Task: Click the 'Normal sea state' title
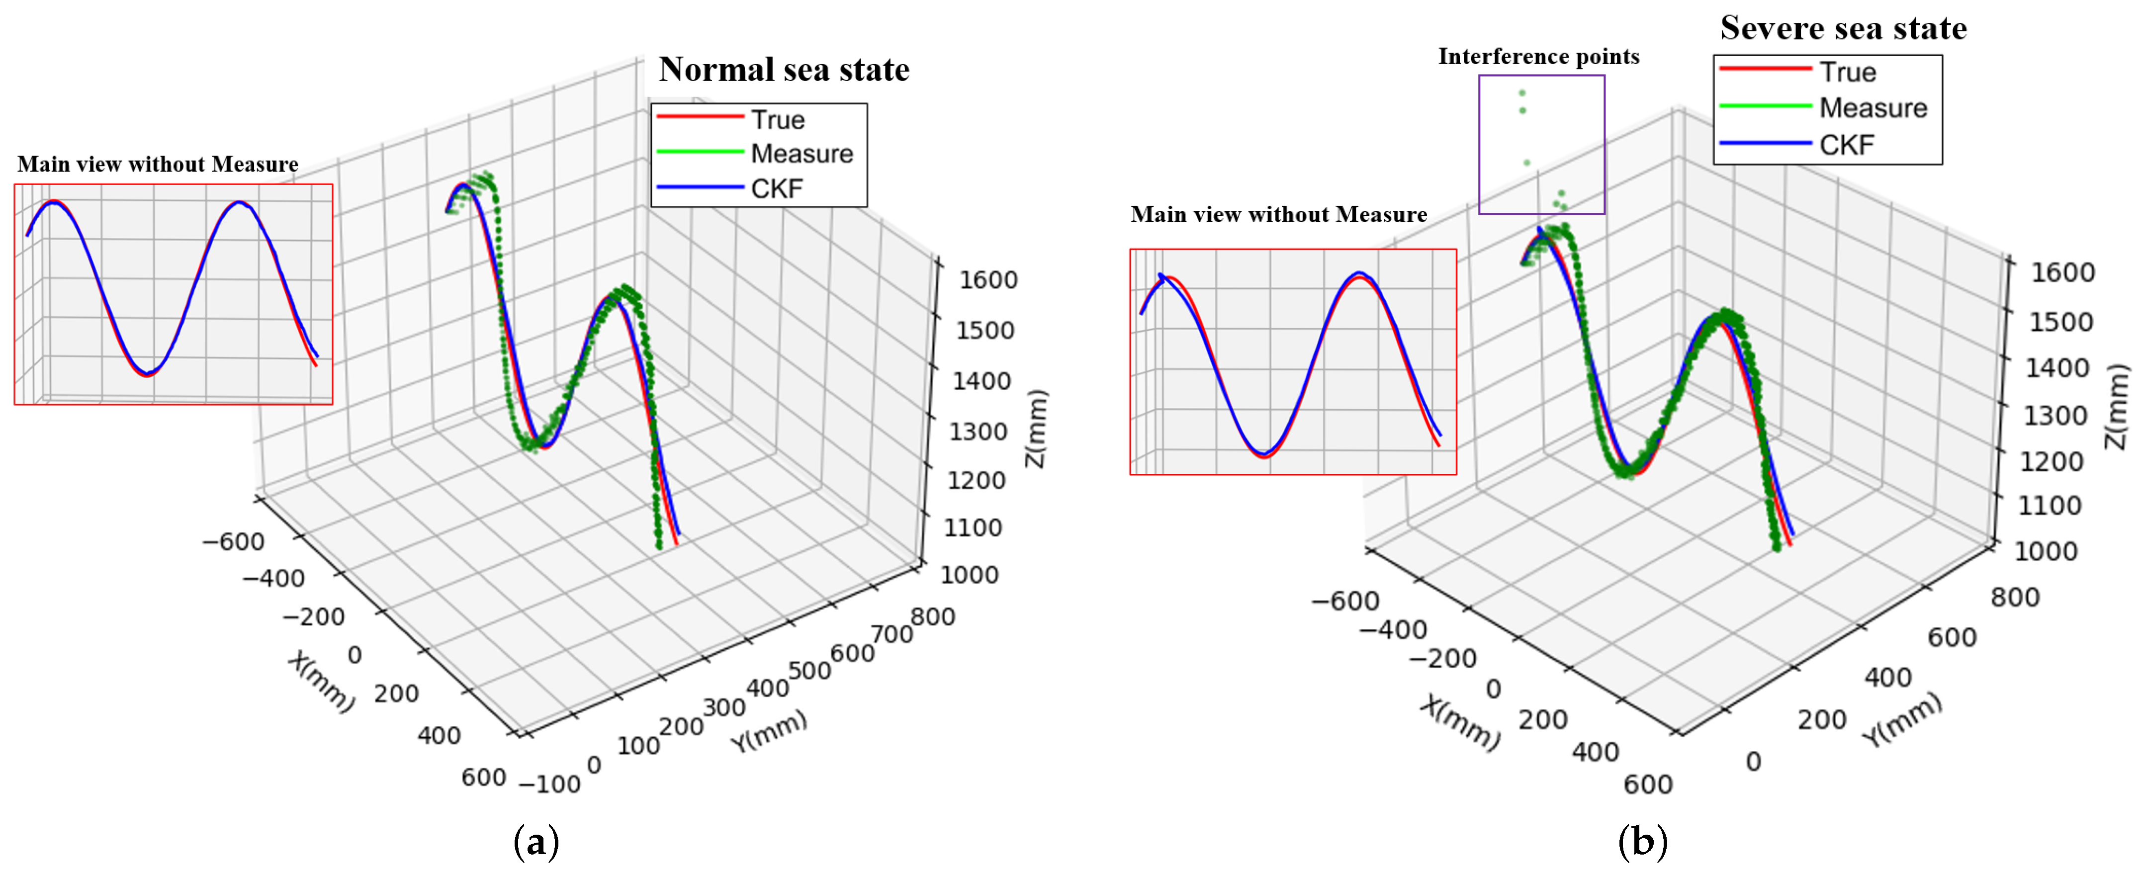(783, 70)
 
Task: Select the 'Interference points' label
(1538, 57)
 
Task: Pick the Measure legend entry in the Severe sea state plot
(1873, 108)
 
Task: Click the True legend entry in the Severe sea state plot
(1848, 72)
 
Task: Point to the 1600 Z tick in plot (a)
(988, 280)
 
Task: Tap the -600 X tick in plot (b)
(1344, 601)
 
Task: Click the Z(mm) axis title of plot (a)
(1036, 429)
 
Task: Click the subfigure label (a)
(536, 843)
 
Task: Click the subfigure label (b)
(1642, 843)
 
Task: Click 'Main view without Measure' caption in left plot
(158, 165)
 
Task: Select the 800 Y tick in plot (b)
(2015, 598)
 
